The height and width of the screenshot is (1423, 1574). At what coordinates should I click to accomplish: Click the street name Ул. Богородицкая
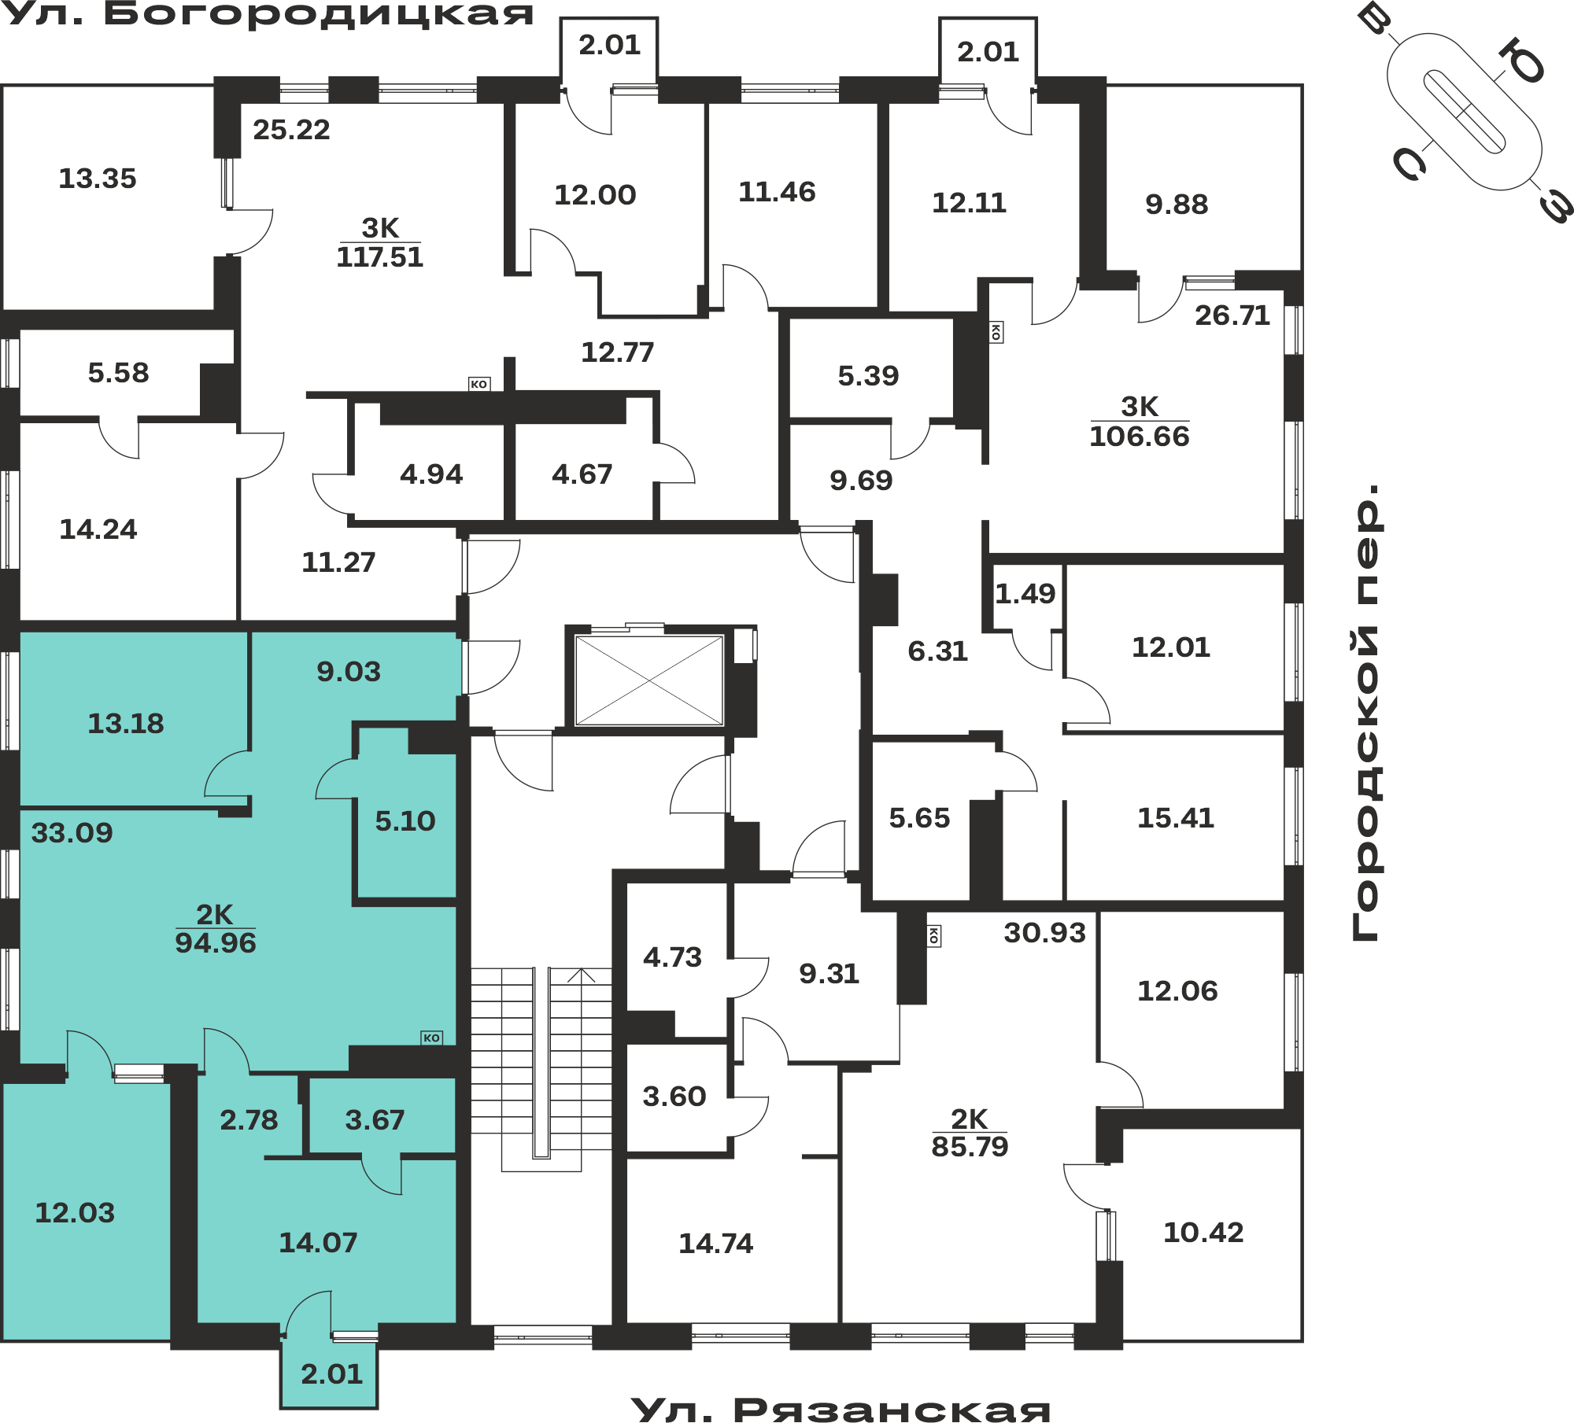tap(268, 13)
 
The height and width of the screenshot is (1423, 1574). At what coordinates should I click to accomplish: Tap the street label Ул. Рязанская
tap(841, 1408)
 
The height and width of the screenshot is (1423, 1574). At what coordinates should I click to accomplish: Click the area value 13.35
tap(98, 179)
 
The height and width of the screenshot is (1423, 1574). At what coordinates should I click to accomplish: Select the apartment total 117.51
tap(380, 257)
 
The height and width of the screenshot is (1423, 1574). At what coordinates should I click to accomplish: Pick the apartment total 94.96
tap(216, 942)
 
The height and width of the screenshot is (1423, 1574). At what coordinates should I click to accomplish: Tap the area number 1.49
tap(1025, 594)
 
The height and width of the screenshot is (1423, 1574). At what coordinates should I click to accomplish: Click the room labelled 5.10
tap(405, 821)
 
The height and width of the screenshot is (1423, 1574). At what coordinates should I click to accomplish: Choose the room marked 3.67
tap(375, 1120)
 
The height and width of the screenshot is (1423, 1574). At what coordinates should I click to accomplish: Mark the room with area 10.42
tap(1203, 1233)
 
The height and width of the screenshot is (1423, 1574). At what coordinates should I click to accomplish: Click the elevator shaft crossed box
tap(649, 680)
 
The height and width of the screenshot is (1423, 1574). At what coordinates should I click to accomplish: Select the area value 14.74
tap(716, 1244)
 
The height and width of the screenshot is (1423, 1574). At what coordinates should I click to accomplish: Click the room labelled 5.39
tap(868, 376)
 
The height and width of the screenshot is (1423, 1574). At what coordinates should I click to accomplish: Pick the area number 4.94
tap(431, 474)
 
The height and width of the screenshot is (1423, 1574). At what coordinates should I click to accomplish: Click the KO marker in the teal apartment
tap(431, 1038)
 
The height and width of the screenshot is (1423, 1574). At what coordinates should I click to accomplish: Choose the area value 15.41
tap(1176, 818)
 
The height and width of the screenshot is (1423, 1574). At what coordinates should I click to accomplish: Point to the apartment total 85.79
tap(970, 1147)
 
